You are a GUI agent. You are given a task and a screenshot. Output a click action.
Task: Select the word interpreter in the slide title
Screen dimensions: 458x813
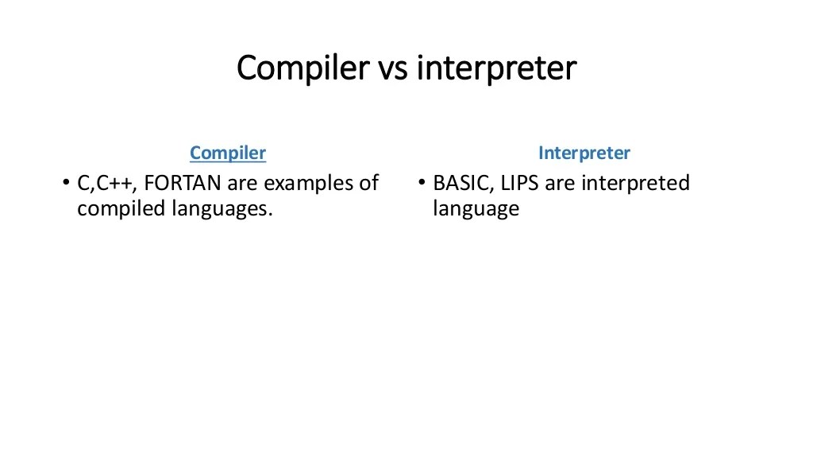coord(496,68)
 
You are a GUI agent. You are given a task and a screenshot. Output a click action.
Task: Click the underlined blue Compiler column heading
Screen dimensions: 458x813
coord(228,153)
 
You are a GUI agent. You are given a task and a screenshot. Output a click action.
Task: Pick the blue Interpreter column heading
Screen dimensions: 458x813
coord(584,153)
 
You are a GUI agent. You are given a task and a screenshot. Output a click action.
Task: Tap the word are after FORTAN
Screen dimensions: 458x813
coord(243,184)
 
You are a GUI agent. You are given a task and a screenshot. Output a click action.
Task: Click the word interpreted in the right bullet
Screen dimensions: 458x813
coord(635,184)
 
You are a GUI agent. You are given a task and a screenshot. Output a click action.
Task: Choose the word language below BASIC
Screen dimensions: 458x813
coord(476,209)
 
